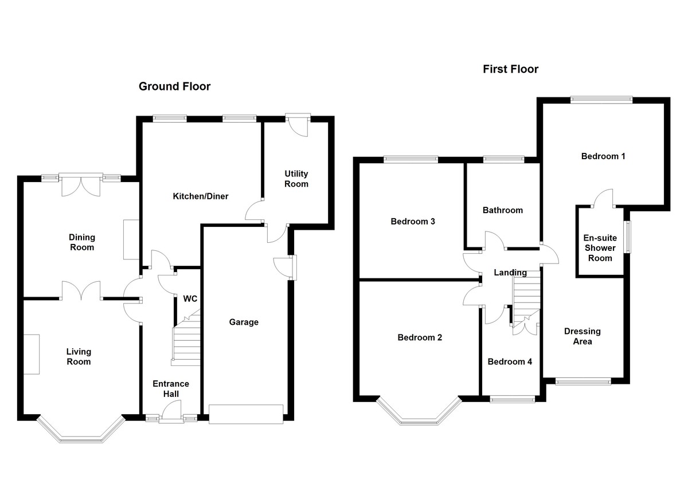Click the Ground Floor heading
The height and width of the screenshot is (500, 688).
174,87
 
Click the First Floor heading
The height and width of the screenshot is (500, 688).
510,69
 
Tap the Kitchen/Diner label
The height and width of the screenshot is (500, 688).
201,196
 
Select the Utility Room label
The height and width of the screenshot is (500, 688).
296,179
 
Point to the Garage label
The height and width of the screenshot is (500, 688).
244,322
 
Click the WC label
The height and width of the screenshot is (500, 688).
190,299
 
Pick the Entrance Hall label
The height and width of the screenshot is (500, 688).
171,389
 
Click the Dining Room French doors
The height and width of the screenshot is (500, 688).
81,183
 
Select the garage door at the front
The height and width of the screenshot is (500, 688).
246,414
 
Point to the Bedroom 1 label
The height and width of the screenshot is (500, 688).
603,156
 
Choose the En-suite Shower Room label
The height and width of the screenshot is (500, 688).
600,248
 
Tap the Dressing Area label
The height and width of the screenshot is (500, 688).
583,336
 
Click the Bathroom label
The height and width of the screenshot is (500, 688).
503,210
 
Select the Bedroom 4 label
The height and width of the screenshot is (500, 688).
510,362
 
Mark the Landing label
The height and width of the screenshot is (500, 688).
510,273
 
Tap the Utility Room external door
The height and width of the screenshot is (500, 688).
298,123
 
